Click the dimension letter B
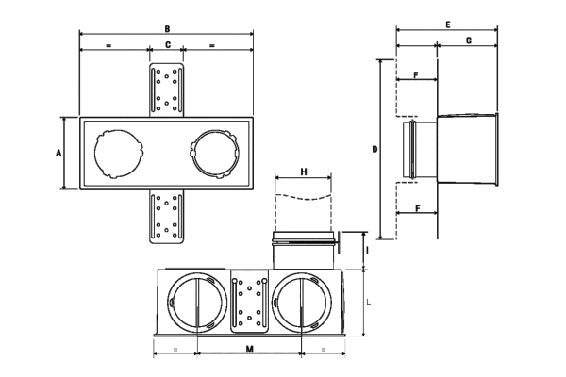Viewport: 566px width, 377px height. click(167, 29)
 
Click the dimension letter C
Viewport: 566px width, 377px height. click(168, 45)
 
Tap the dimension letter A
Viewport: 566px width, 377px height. click(58, 153)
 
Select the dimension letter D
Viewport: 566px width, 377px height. click(375, 149)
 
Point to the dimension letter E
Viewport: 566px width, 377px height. click(447, 25)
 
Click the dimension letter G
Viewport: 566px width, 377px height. click(469, 41)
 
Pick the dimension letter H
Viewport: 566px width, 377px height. click(304, 172)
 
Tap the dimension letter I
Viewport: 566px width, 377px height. click(367, 250)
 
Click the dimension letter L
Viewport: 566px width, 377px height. click(368, 303)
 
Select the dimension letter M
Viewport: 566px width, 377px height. click(249, 349)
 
